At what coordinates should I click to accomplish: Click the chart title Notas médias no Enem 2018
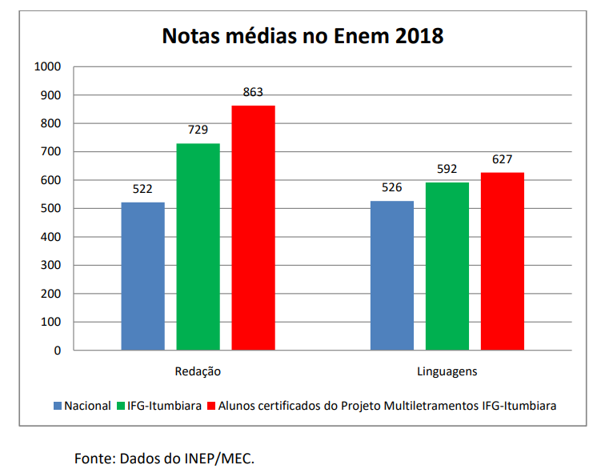click(x=303, y=36)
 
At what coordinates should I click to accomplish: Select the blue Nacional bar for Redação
click(x=143, y=276)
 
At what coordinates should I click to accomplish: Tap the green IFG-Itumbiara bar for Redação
click(x=198, y=247)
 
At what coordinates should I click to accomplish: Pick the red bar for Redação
click(x=254, y=228)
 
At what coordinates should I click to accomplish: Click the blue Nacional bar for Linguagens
click(x=392, y=275)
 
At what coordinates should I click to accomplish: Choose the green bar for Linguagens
click(x=447, y=267)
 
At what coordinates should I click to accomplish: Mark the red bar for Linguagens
click(x=503, y=262)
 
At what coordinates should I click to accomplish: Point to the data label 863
click(x=253, y=92)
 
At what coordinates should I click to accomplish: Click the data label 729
click(x=198, y=130)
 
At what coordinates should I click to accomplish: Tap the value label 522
click(x=143, y=189)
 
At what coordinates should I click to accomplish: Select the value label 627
click(x=503, y=159)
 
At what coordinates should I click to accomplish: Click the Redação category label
click(x=198, y=372)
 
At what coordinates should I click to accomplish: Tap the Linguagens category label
click(x=447, y=372)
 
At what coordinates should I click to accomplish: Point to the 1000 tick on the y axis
click(x=48, y=66)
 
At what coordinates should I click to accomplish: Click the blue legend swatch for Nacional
click(x=58, y=406)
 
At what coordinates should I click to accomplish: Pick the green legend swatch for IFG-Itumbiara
click(x=122, y=406)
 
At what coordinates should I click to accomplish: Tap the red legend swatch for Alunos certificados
click(x=212, y=406)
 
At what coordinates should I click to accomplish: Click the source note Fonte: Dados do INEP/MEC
click(x=164, y=459)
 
